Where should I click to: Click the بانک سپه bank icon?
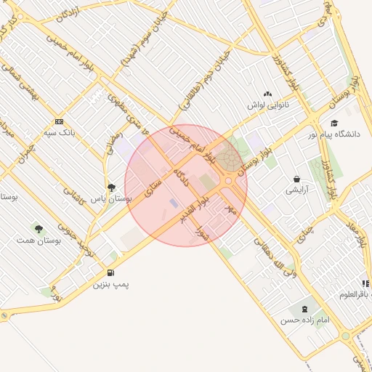pos(59,121)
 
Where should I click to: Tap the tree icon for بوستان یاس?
pos(111,187)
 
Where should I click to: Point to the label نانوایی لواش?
pos(267,105)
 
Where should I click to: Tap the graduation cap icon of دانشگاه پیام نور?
pos(334,123)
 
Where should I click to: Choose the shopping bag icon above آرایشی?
pos(296,179)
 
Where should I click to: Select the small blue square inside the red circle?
pos(173,202)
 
